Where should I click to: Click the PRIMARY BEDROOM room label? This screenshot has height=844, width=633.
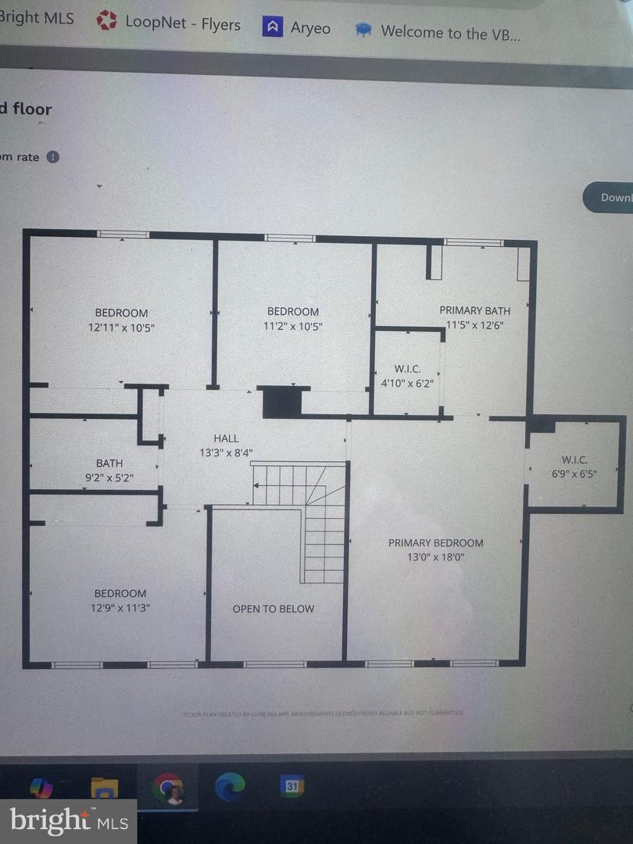tap(435, 542)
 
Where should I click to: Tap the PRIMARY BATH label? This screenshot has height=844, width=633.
tap(474, 310)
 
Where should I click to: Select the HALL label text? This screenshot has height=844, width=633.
tap(226, 438)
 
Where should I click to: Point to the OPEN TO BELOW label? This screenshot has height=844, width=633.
tap(274, 609)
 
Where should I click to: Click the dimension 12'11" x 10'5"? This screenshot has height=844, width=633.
tap(121, 327)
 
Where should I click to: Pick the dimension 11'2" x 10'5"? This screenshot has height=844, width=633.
tap(293, 326)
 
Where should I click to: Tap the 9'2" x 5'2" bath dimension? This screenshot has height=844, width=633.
tap(109, 477)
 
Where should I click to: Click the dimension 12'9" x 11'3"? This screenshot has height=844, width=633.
tap(120, 607)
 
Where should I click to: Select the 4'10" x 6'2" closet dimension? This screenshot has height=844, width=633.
tap(406, 383)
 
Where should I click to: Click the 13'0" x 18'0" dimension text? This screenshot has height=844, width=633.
tap(435, 557)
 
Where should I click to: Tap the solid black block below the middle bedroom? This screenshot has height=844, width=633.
tap(282, 402)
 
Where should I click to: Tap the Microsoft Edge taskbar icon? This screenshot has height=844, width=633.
tap(230, 785)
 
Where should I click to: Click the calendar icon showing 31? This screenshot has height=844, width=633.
tap(291, 785)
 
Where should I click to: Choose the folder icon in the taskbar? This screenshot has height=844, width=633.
tap(104, 788)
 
